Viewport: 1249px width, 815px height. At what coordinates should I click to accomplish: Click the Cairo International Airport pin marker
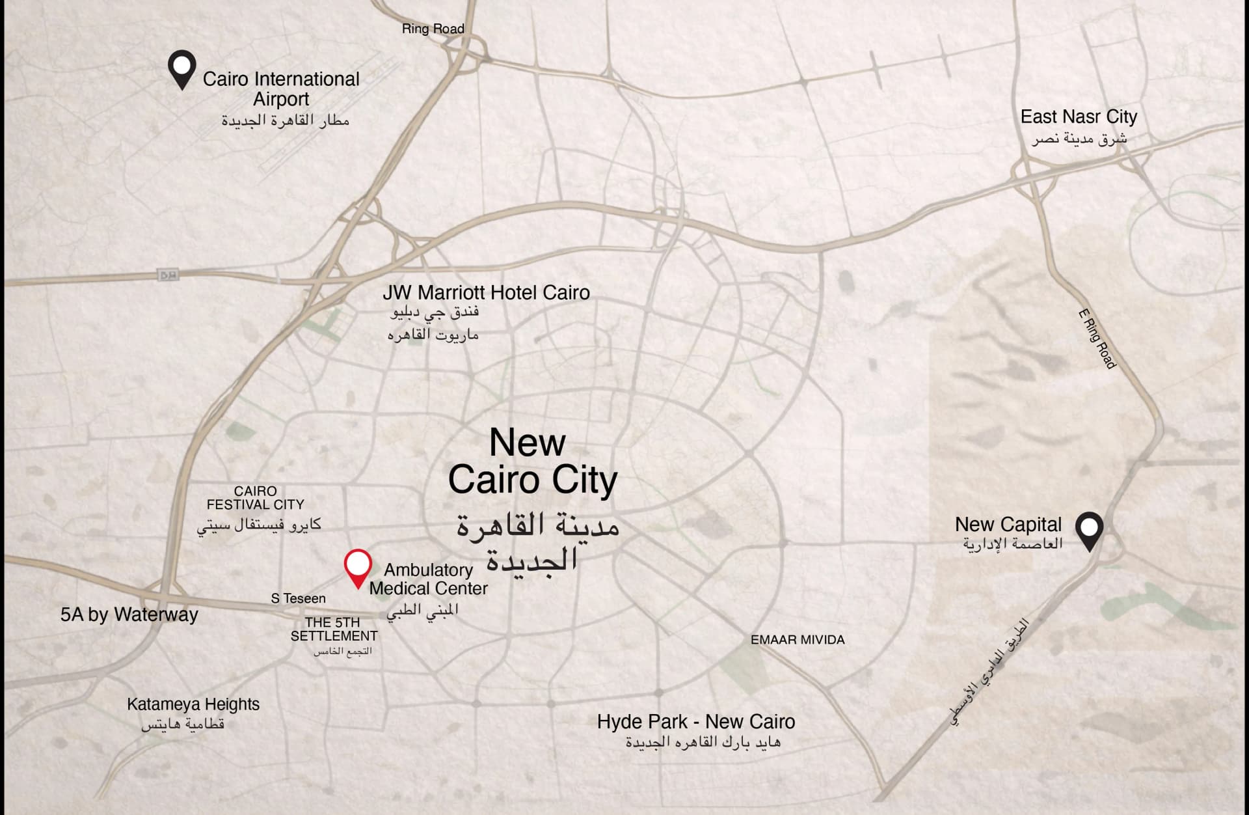181,68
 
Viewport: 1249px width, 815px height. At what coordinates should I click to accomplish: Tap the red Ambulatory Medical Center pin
357,566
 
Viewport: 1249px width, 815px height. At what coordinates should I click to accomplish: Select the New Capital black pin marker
1089,530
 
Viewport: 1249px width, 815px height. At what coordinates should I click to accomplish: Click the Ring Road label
433,29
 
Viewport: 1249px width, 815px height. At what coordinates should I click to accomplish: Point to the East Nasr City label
1079,117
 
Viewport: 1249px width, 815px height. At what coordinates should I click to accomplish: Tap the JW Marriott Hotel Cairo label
486,293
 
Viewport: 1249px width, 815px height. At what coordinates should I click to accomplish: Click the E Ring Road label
1097,339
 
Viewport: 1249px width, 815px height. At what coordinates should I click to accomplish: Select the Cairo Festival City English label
256,498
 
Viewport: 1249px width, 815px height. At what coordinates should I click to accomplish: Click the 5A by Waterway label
129,615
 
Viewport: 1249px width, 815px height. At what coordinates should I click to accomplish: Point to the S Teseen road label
298,598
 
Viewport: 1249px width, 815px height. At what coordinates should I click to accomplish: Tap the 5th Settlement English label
334,629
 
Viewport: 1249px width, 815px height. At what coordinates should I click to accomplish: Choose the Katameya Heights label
193,704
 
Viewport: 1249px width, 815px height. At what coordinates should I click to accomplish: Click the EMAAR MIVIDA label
798,640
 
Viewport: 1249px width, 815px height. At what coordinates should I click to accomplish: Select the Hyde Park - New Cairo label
696,722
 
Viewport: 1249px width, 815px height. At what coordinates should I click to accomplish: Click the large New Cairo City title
531,462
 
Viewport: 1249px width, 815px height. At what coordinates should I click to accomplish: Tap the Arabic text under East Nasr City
1079,139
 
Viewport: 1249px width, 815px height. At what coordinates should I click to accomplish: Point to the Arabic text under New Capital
1013,544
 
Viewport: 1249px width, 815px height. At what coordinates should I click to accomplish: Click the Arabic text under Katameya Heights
183,724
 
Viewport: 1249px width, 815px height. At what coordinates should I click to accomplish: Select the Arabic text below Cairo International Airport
285,120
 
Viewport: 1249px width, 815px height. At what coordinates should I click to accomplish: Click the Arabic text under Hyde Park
703,742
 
